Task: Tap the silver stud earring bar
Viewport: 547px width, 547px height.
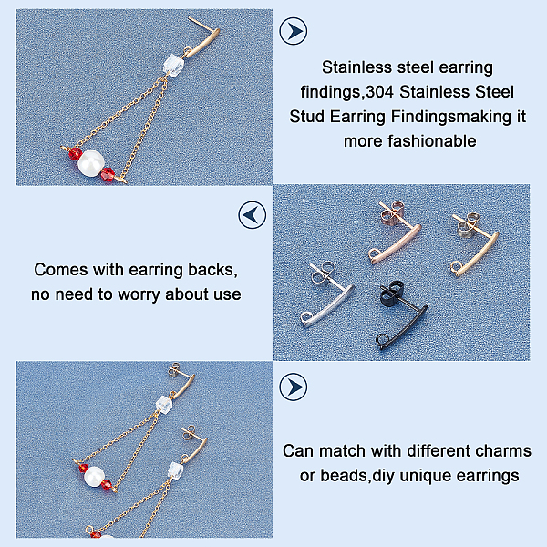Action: [328, 305]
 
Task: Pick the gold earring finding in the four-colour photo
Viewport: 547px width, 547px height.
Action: [475, 252]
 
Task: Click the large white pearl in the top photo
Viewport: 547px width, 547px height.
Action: [91, 163]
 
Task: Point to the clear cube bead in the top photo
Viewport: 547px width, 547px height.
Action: [173, 66]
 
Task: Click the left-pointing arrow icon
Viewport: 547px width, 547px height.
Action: [253, 214]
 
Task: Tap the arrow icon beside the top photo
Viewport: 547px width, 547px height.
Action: [294, 31]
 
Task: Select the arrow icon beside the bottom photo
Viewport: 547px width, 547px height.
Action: [294, 387]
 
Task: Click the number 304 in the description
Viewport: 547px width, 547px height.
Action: [379, 92]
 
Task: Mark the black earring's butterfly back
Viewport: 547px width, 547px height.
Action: [392, 292]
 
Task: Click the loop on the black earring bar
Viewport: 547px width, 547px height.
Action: [381, 339]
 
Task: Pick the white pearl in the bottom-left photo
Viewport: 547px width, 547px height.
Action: [94, 476]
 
